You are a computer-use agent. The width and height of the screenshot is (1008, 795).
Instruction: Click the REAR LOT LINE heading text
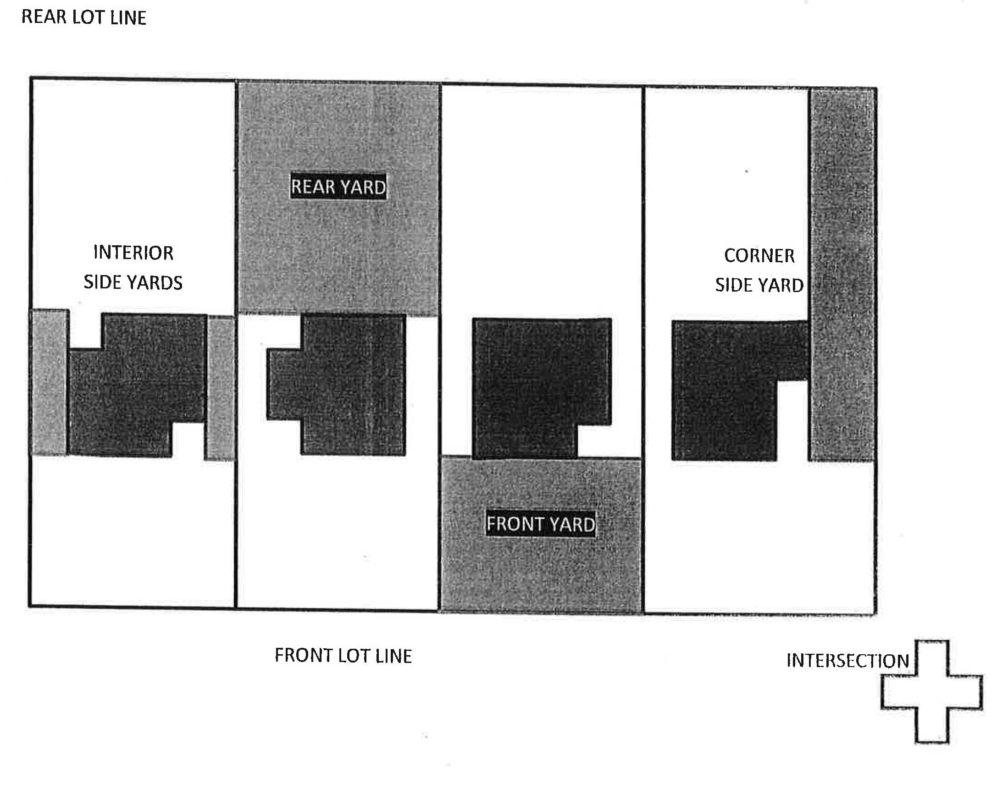coord(84,17)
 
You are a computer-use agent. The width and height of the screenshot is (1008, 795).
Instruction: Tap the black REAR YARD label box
coord(338,187)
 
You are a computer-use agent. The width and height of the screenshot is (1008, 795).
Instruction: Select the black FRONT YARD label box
coord(541,524)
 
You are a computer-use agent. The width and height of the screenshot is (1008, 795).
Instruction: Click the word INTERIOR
coord(133,253)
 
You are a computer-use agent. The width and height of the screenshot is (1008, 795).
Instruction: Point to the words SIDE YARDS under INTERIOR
coord(133,282)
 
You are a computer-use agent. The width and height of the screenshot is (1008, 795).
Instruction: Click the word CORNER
coord(759,255)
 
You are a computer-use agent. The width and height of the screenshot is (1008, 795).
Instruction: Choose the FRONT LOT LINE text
coord(343,656)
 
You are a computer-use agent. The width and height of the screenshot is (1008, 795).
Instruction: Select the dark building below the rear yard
coord(344,386)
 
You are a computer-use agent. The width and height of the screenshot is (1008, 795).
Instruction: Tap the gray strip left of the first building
coord(50,381)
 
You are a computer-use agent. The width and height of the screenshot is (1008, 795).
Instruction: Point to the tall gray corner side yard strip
coord(842,275)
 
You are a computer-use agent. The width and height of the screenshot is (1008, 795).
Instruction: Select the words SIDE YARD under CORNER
coord(759,285)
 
